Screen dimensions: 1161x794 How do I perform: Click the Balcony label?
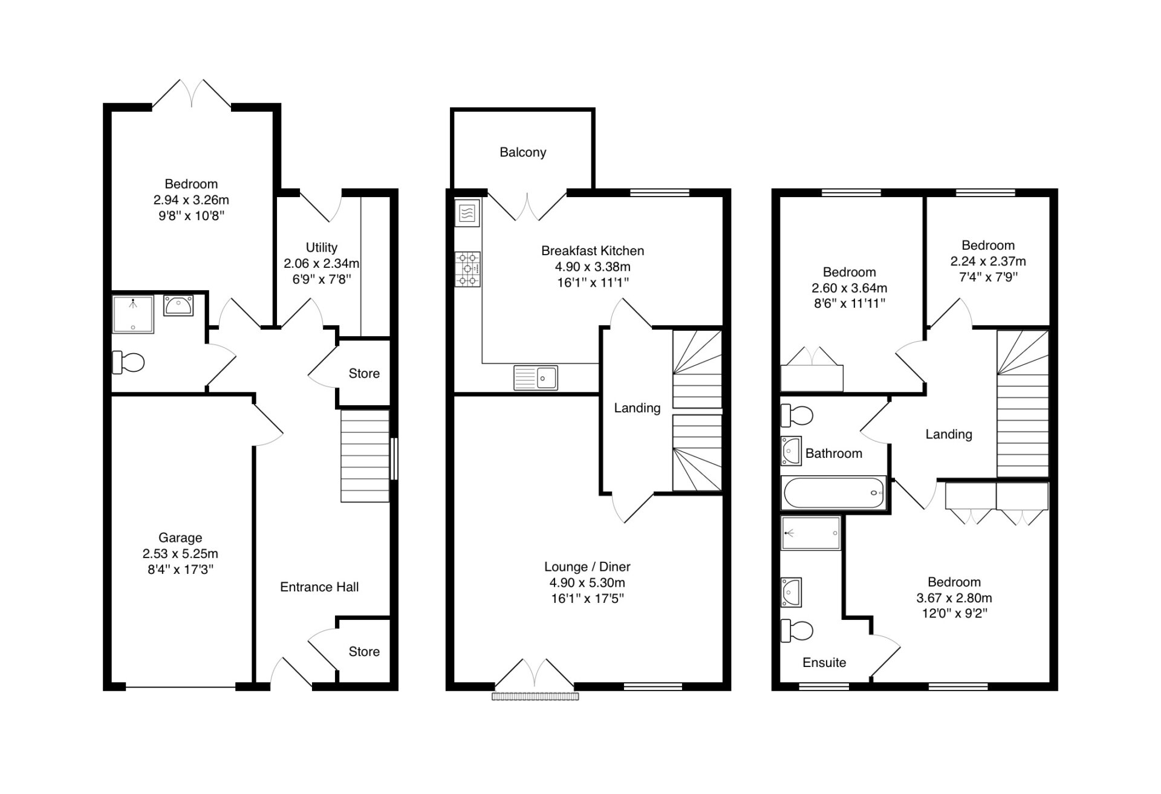pos(523,152)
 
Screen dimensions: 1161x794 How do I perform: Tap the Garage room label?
pos(180,538)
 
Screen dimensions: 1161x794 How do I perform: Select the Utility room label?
pos(322,247)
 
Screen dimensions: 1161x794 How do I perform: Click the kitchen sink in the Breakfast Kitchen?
pos(536,378)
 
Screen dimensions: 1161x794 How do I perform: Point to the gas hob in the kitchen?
pos(468,269)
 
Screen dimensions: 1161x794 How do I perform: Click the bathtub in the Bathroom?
pos(834,493)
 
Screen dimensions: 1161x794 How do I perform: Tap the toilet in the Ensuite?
pos(797,631)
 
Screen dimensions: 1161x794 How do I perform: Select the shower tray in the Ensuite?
pos(811,533)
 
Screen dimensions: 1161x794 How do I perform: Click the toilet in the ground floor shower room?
pos(128,362)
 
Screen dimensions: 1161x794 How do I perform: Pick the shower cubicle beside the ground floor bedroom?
pos(133,314)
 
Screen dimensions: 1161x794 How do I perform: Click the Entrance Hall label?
pos(319,587)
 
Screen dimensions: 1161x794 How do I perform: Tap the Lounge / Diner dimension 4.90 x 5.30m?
pos(587,583)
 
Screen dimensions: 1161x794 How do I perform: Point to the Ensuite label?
pos(824,663)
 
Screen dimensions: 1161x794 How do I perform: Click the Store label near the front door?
pos(364,652)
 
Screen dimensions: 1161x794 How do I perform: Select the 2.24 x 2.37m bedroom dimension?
pos(988,261)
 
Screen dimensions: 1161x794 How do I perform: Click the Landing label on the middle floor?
pos(637,408)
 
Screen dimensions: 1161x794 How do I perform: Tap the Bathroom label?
pos(834,454)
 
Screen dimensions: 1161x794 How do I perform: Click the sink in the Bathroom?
pos(791,451)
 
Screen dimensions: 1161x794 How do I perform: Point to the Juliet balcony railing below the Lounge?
pos(535,697)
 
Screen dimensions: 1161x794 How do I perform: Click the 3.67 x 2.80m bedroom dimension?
pos(954,598)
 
